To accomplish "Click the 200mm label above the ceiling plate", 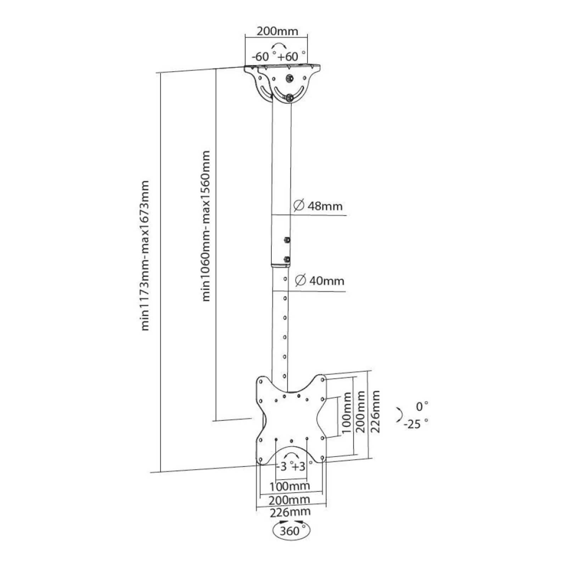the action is [277, 31].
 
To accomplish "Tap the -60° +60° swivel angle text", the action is [279, 56].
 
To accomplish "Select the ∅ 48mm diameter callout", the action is [318, 206].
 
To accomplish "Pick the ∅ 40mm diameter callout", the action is [320, 280].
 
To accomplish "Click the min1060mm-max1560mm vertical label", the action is [206, 226].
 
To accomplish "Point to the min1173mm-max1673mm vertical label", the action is [145, 256].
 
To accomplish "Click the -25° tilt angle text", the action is [416, 423].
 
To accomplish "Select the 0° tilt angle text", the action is [422, 406].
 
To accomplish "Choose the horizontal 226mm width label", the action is [290, 512].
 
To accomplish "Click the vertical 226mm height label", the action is [375, 411].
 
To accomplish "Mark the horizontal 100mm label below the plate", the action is [290, 486].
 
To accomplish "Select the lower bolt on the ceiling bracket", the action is [290, 97].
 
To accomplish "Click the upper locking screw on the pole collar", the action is [287, 240].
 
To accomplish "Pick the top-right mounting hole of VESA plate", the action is [322, 380].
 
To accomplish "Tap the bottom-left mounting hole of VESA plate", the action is [260, 460].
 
